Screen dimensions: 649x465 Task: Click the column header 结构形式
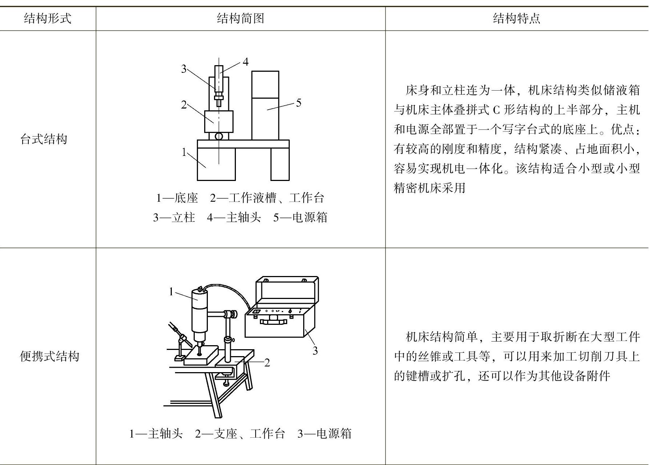[x=47, y=18]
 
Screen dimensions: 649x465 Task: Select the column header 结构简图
[x=240, y=18]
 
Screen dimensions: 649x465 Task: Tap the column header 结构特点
[x=517, y=18]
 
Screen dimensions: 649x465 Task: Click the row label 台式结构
[x=44, y=139]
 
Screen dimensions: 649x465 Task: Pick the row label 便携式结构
[x=50, y=356]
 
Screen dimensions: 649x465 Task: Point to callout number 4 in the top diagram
[x=246, y=62]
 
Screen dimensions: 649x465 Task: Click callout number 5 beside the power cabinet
[x=298, y=103]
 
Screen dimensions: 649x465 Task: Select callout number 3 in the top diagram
[x=184, y=69]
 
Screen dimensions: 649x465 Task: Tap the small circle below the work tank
[x=219, y=136]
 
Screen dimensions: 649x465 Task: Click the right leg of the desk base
[x=280, y=164]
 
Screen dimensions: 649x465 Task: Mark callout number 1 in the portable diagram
[x=171, y=292]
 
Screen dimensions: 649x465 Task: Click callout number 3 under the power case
[x=315, y=351]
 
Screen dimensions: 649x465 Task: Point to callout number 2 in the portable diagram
[x=267, y=363]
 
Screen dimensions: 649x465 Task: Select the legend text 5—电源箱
[x=300, y=217]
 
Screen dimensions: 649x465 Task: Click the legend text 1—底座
[x=177, y=198]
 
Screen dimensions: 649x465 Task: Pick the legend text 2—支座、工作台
[x=240, y=434]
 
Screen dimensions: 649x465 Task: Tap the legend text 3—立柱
[x=174, y=217]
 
